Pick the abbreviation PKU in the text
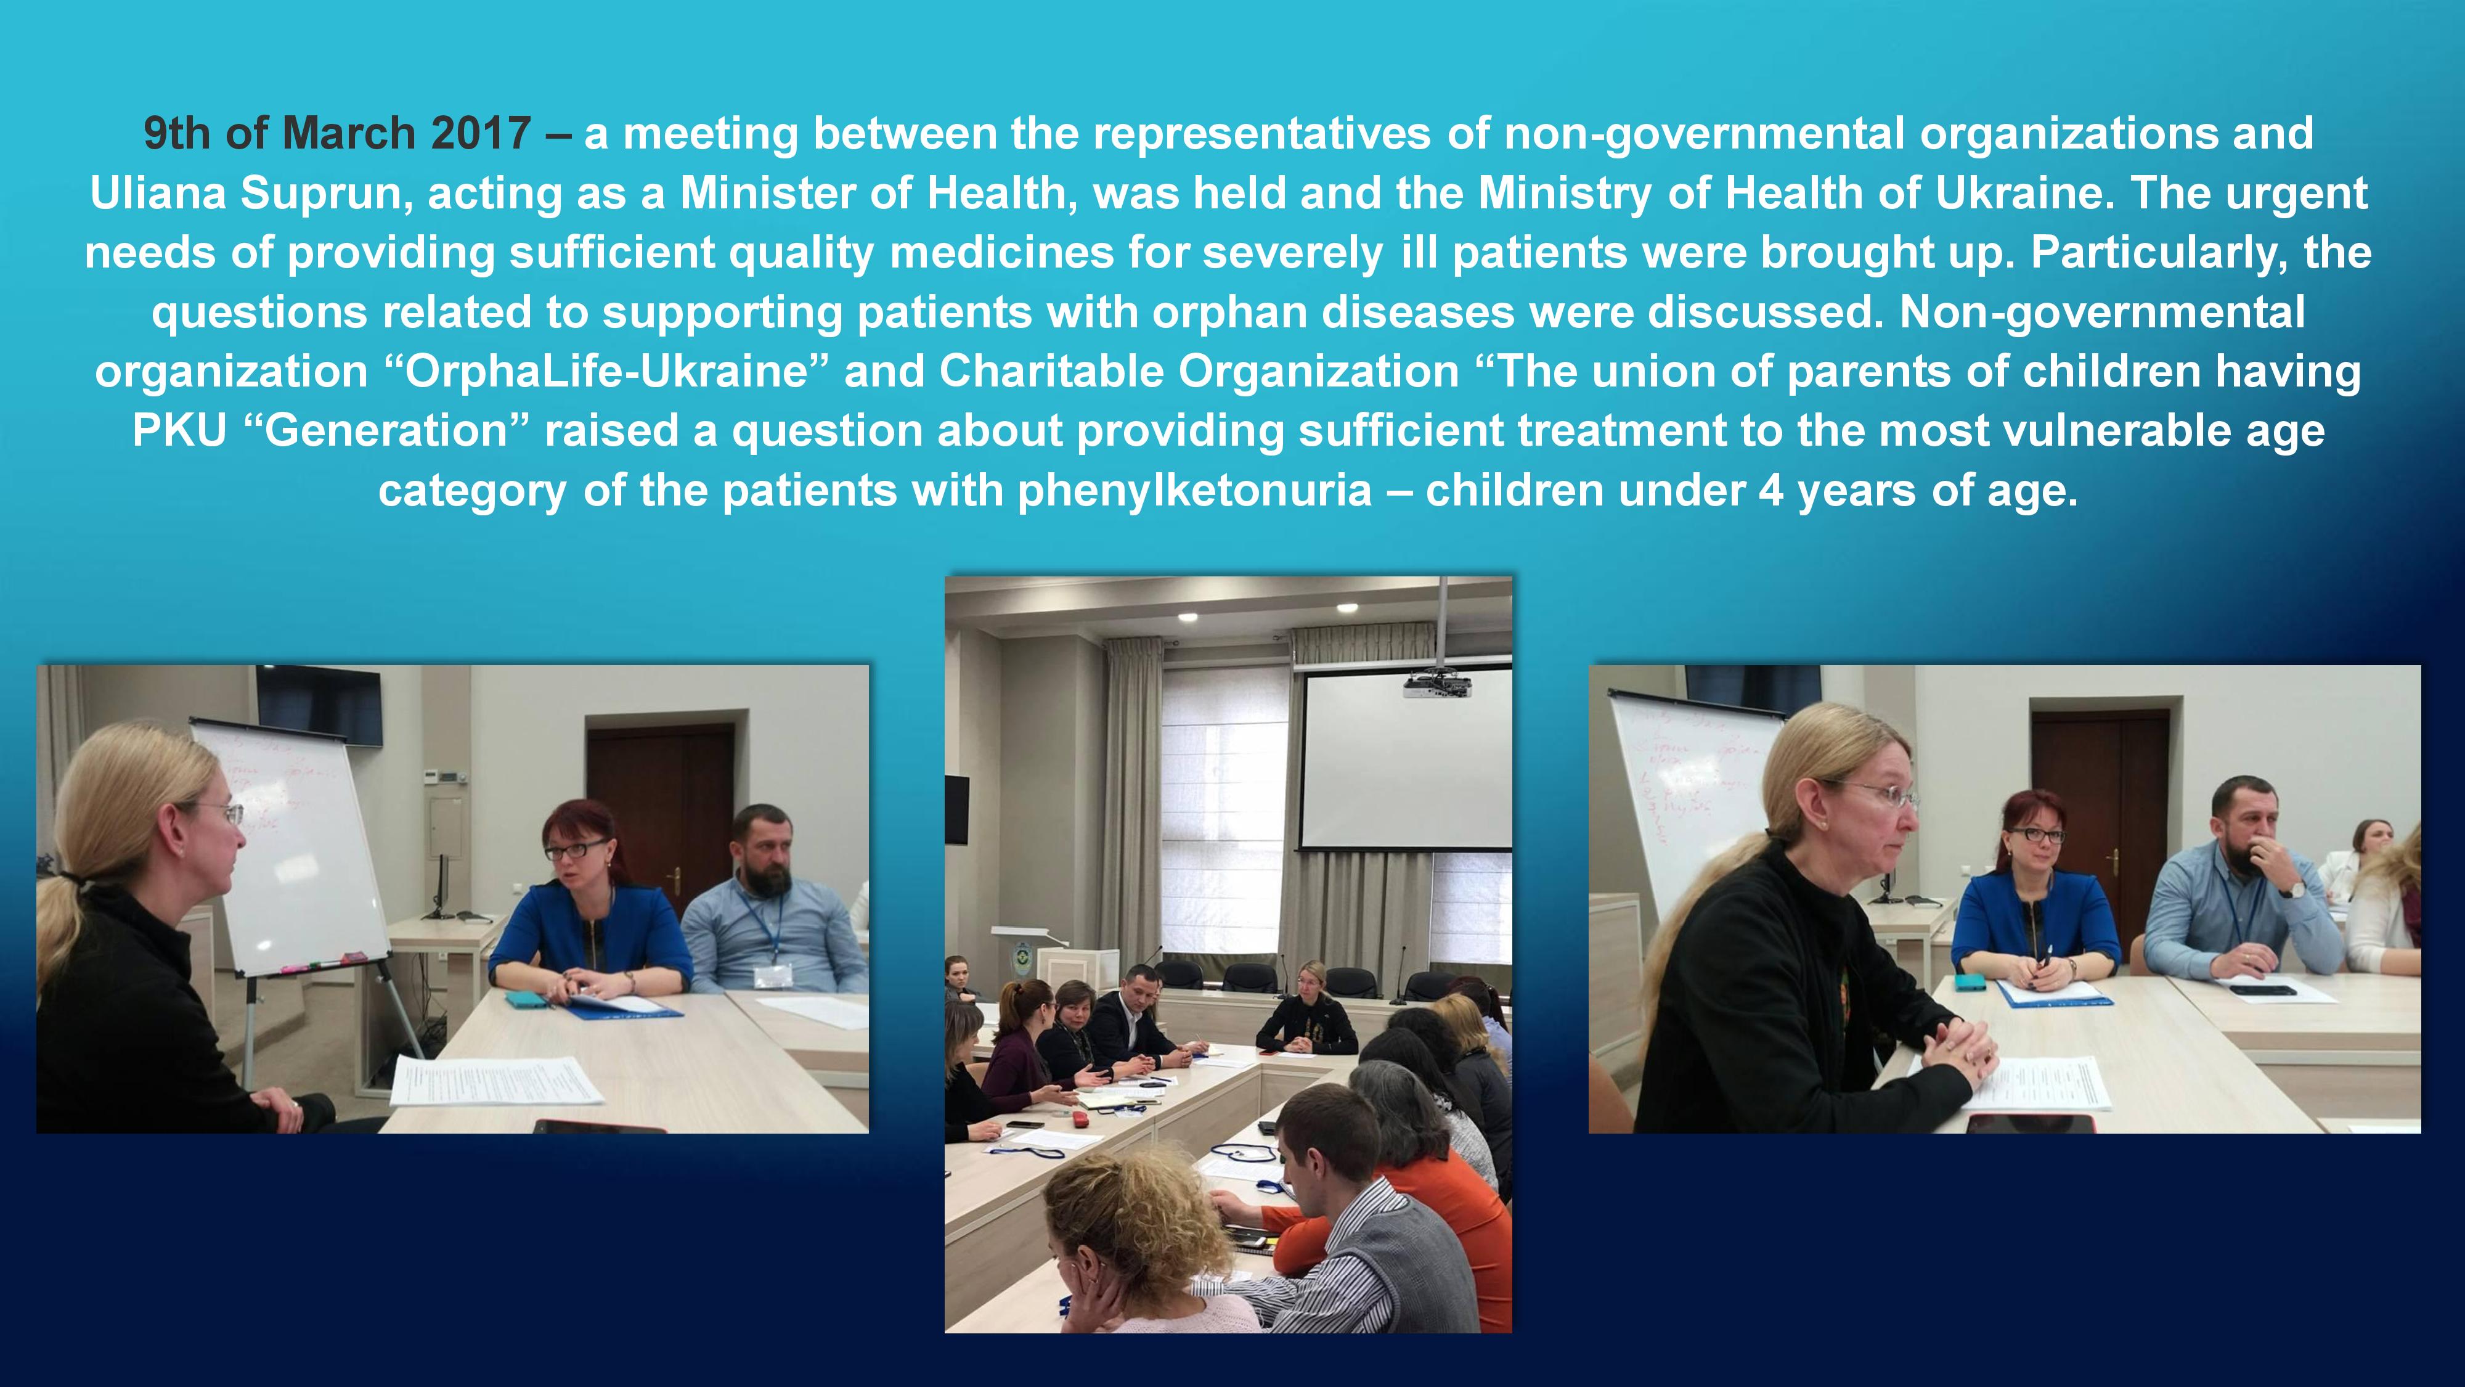click(179, 431)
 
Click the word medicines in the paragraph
click(1002, 253)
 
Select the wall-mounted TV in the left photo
click(319, 703)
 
